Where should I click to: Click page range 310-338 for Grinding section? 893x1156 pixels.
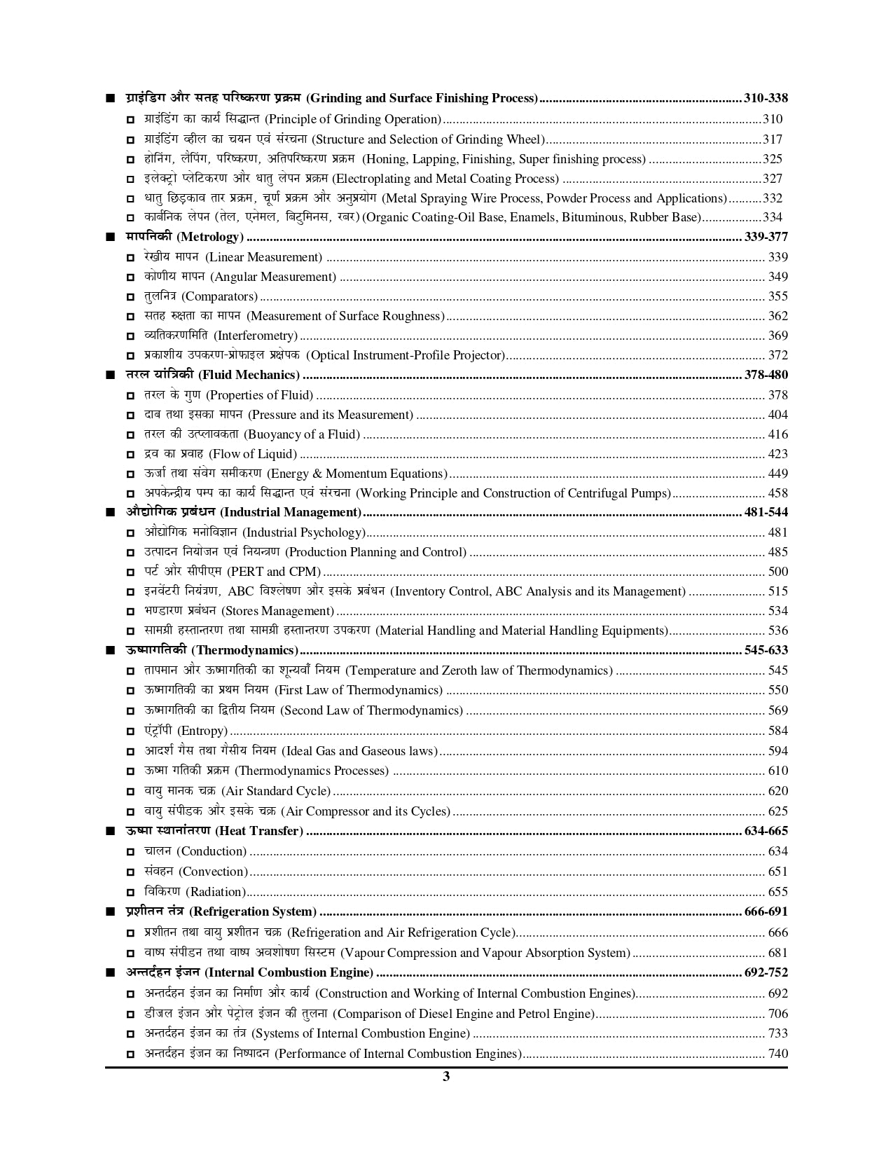766,98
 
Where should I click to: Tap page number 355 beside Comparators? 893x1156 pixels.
777,296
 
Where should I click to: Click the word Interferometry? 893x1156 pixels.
256,336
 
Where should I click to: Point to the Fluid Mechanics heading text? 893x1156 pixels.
250,375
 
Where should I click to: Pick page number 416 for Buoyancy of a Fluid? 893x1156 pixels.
777,434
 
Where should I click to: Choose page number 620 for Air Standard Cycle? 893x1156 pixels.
777,791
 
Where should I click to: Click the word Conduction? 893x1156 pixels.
212,851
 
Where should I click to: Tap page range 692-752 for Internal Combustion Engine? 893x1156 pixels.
766,972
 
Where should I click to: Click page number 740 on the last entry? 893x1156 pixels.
777,1054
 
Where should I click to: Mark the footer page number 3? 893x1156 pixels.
446,1077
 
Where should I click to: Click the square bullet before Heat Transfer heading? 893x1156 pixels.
110,832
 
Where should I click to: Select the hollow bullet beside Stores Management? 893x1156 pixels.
131,612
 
